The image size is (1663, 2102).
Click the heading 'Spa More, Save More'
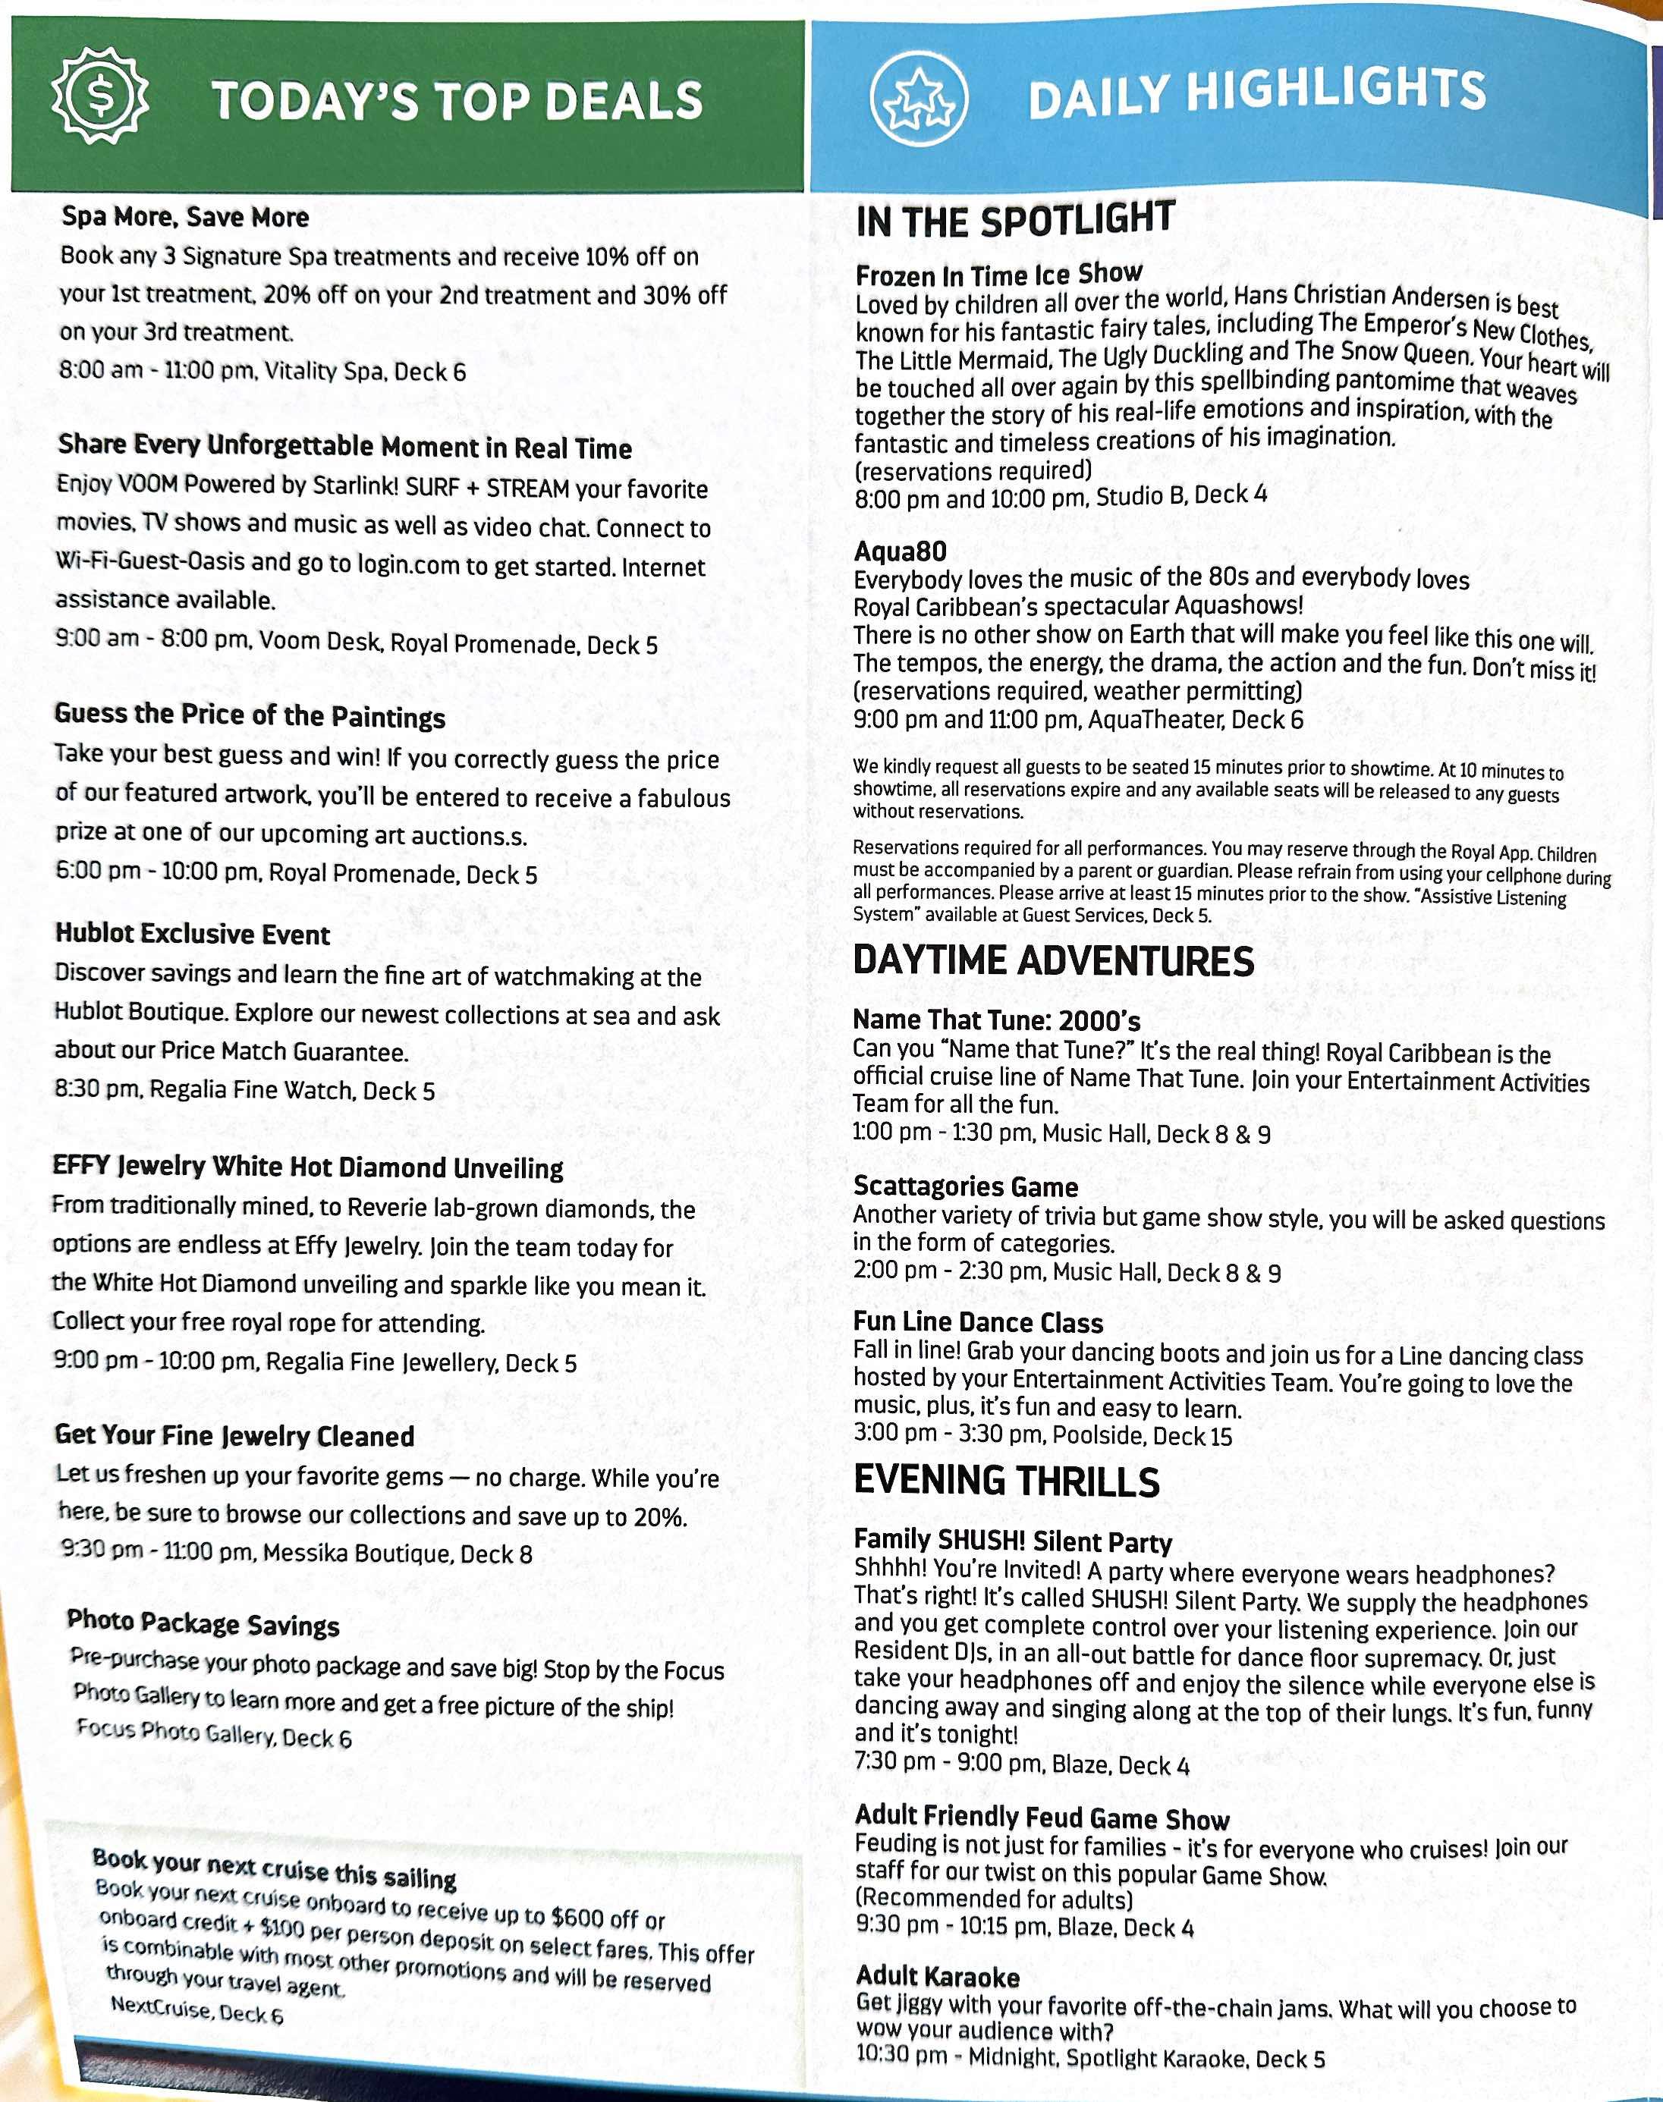click(x=185, y=216)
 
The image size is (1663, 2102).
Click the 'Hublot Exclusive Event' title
click(x=192, y=934)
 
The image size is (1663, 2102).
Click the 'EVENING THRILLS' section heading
click(x=1006, y=1481)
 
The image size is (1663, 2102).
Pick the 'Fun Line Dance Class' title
click(x=978, y=1322)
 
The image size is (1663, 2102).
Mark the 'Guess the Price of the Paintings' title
click(x=250, y=715)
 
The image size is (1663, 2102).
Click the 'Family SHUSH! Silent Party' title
click(x=1013, y=1541)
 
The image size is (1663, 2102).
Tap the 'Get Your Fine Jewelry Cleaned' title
click(x=234, y=1435)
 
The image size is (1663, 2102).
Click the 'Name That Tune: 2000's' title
click(x=996, y=1020)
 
